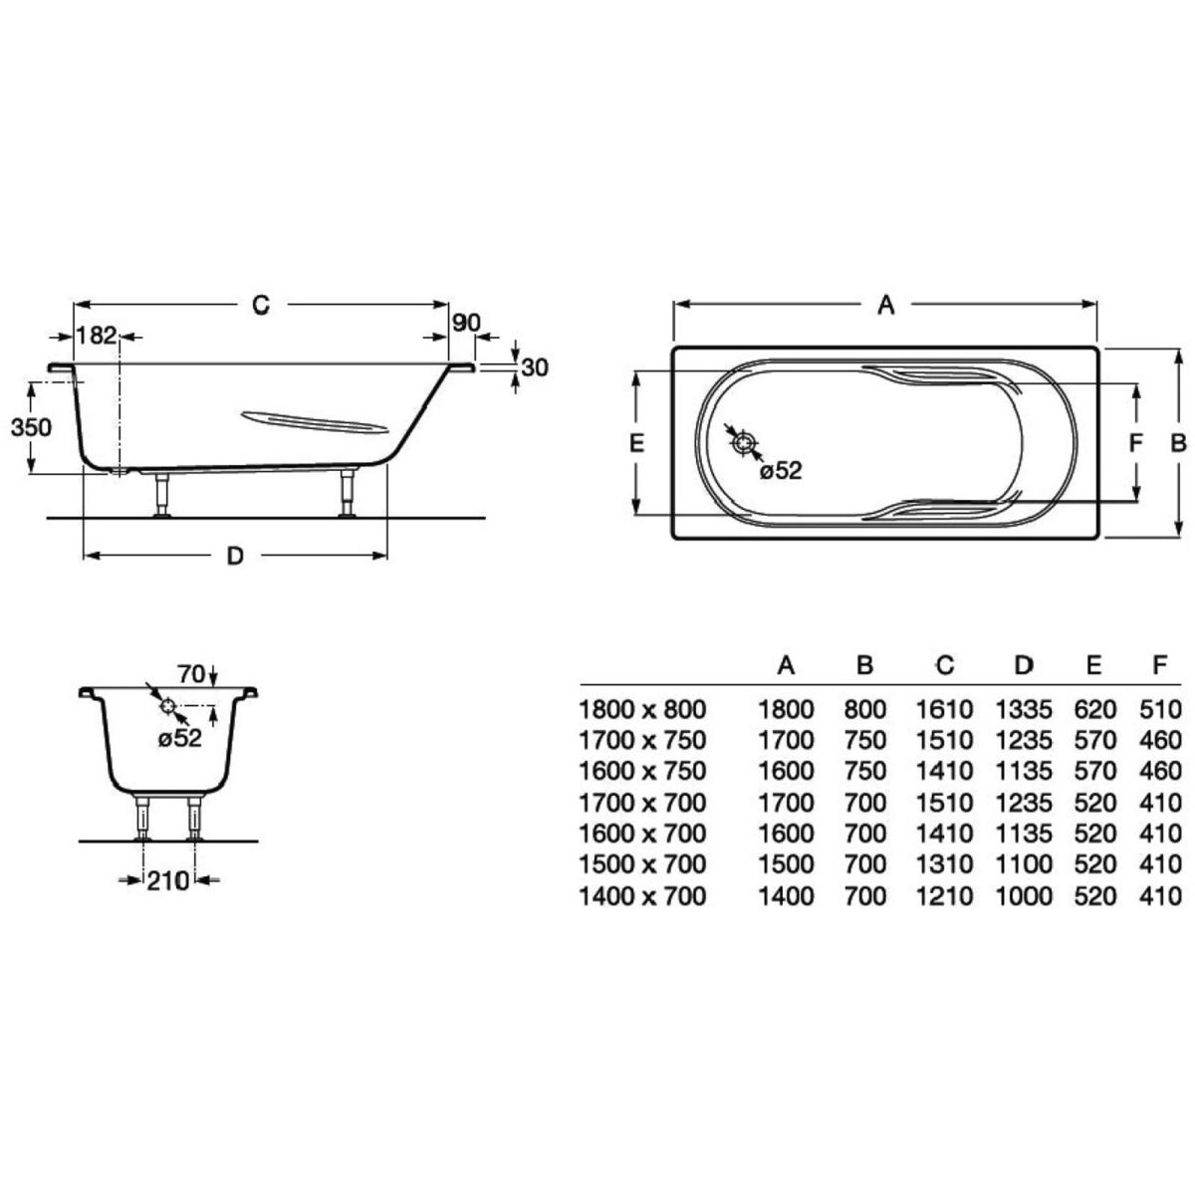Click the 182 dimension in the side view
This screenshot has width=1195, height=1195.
(97, 336)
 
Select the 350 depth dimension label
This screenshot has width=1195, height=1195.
(31, 427)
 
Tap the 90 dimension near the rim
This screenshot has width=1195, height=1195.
(466, 323)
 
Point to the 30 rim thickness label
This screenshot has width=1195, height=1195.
(535, 367)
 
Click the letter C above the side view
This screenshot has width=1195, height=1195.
(261, 305)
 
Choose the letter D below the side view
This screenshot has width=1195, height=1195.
(235, 557)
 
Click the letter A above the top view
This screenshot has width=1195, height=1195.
(886, 305)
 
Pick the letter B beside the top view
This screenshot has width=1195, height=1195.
(1178, 443)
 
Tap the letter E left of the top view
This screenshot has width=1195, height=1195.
(636, 443)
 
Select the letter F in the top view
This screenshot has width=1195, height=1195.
(1135, 443)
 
